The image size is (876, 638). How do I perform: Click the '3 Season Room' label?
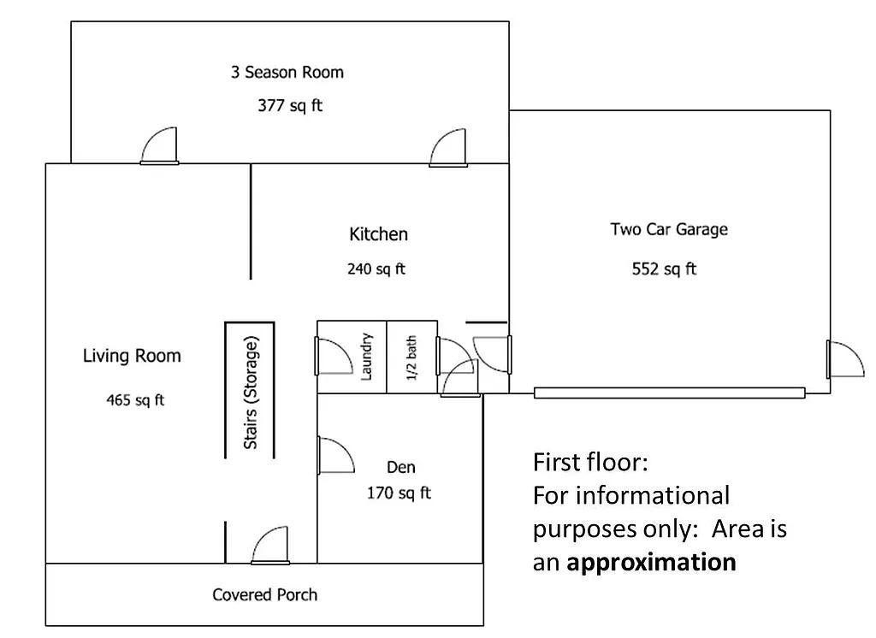point(287,73)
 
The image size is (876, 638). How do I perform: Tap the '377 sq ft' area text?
point(290,106)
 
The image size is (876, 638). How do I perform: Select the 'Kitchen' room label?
point(378,234)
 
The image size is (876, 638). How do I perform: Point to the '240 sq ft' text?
point(376,269)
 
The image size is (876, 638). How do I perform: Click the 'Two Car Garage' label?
point(668,229)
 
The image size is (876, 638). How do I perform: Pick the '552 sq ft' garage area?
point(664,269)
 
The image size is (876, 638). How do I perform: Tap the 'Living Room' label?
point(132,356)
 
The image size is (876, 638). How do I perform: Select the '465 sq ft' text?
point(135,400)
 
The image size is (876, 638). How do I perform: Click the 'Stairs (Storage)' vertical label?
point(251,392)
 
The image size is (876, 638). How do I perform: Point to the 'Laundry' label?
point(365,357)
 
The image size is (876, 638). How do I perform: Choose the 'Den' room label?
point(400,467)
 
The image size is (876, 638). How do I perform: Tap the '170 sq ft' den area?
point(399,493)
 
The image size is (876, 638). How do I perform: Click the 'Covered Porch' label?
point(264,594)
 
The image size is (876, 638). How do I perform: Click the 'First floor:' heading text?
point(590,463)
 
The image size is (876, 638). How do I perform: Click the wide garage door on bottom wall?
point(669,393)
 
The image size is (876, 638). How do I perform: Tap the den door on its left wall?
point(334,455)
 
